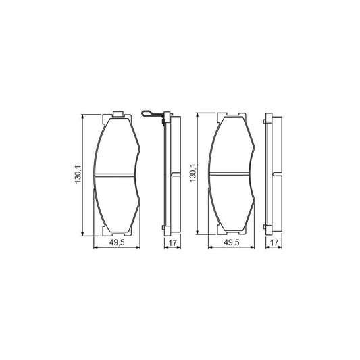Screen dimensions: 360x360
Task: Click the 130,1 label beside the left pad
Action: coord(78,175)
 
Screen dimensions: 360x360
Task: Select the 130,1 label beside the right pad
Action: coord(192,173)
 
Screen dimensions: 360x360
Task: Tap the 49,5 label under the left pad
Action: coord(117,242)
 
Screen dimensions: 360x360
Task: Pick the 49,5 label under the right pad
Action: coord(232,242)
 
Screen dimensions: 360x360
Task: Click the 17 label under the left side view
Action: coord(172,242)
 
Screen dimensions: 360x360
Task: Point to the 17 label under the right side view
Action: coord(274,242)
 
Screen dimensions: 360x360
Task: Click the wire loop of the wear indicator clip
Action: coord(146,113)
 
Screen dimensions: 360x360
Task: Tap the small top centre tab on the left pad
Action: coord(118,114)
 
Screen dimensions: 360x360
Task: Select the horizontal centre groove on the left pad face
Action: coord(114,175)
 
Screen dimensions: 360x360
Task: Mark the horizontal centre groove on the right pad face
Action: coord(229,174)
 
